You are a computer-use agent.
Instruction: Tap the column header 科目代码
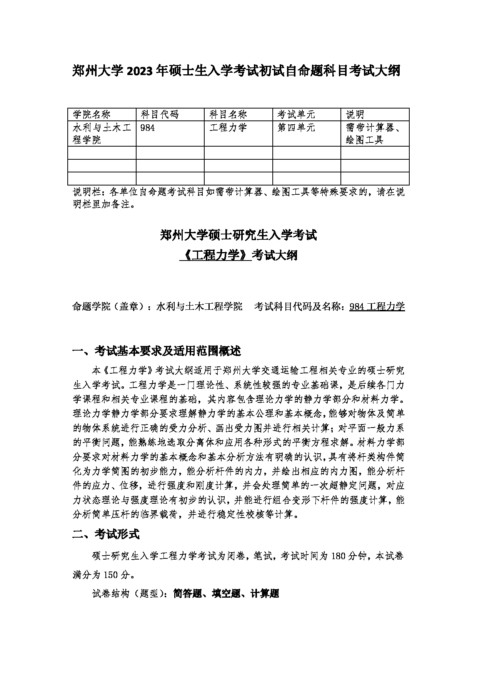coord(160,114)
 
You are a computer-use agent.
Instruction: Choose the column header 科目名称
coord(228,114)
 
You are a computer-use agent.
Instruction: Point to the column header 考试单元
coord(296,114)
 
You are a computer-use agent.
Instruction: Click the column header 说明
coord(355,114)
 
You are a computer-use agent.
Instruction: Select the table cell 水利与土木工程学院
coord(102,134)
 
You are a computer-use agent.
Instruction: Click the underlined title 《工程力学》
coord(215,255)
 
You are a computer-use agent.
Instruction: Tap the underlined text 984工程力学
coord(377,306)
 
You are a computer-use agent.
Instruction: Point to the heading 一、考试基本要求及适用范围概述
coord(157,351)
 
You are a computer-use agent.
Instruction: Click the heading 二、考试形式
coord(106,534)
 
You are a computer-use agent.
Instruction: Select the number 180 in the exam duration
coord(338,556)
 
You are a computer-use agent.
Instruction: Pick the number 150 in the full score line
coord(109,575)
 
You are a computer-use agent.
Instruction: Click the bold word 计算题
coord(264,593)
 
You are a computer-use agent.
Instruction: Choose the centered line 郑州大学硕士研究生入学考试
coord(238,235)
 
